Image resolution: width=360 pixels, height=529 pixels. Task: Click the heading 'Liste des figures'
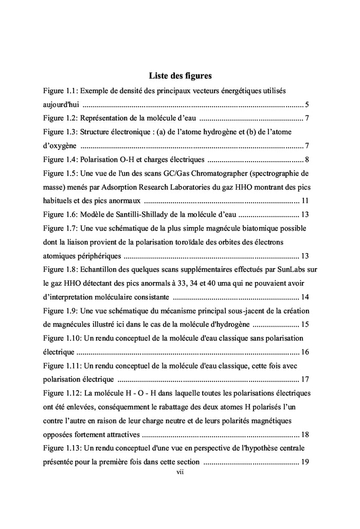[x=180, y=76]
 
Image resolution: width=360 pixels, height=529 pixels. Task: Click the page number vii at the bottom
[x=180, y=472]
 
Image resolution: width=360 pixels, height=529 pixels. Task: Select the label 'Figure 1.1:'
[x=61, y=91]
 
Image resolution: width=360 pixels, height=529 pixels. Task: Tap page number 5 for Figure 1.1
[x=306, y=104]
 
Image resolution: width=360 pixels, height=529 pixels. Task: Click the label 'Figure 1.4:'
[x=61, y=159]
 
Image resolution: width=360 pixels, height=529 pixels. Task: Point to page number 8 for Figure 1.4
[x=306, y=159]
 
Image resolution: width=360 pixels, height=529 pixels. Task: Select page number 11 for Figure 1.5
[x=304, y=200]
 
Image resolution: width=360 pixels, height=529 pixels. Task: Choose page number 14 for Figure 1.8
[x=304, y=297]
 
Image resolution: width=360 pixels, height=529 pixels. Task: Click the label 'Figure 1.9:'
[x=61, y=311]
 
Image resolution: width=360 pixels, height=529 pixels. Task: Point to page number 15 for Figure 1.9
[x=304, y=325]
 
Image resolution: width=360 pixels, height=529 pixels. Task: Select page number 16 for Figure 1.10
[x=304, y=352]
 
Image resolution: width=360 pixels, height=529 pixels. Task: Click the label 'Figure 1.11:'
[x=63, y=366]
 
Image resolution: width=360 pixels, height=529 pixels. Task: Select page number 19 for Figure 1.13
[x=304, y=462]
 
